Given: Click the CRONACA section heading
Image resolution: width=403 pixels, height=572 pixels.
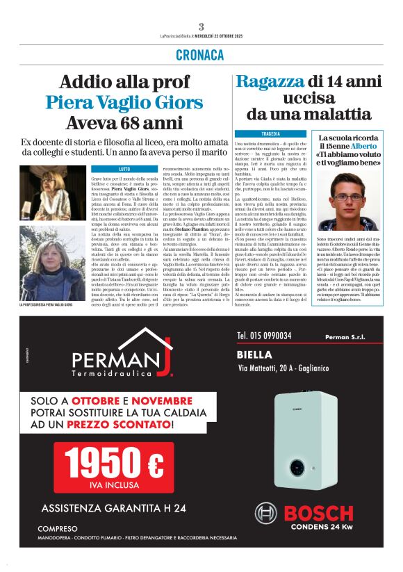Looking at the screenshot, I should point(200,55).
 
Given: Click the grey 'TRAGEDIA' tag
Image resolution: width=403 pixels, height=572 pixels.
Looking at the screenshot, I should point(271,133).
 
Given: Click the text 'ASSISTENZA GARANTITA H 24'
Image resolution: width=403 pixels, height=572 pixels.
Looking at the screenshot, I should point(113,507).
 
